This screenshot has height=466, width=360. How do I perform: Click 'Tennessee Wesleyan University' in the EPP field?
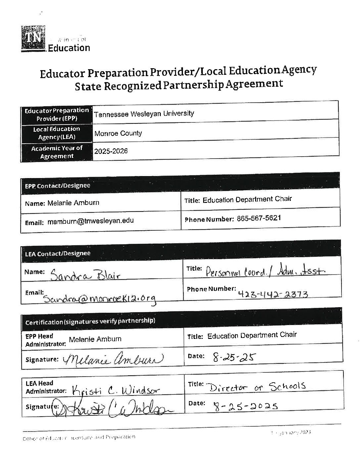pos(144,114)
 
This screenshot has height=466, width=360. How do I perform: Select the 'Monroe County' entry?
pos(118,133)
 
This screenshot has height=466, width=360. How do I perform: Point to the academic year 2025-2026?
pos(111,152)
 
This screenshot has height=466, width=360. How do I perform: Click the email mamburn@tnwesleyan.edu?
pos(90,221)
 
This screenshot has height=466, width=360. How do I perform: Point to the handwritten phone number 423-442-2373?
pos(273,294)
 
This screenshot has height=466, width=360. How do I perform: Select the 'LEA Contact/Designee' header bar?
pos(58,254)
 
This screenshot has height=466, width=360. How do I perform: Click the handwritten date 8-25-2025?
pos(246,406)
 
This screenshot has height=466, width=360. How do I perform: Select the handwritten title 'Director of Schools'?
pos(256,387)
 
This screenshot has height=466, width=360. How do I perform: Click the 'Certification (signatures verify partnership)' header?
pos(90,321)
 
